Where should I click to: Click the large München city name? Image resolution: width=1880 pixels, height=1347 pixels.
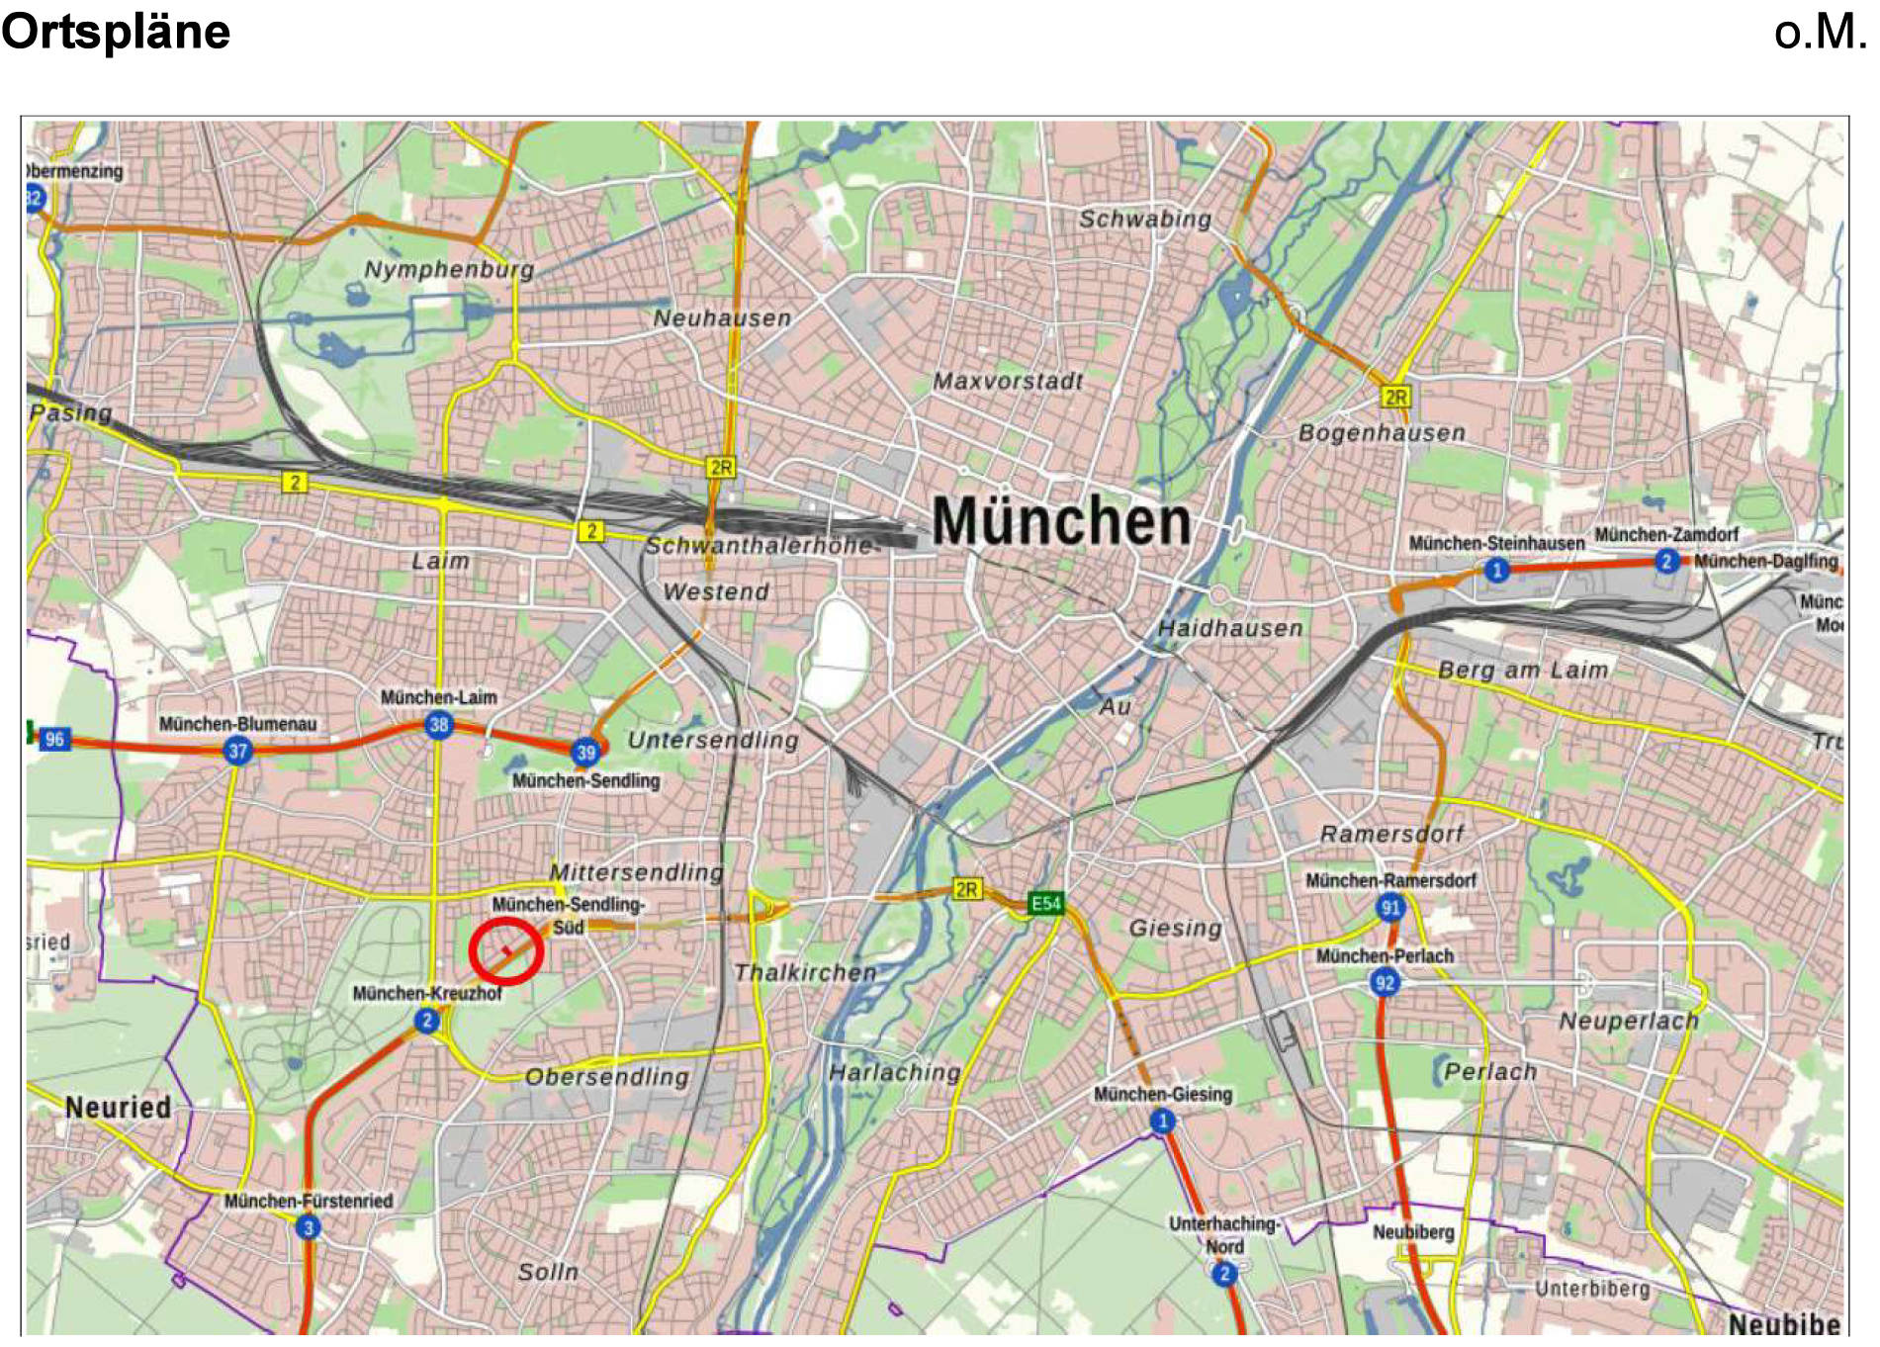pyautogui.click(x=1060, y=521)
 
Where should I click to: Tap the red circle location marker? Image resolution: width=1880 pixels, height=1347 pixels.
pyautogui.click(x=505, y=951)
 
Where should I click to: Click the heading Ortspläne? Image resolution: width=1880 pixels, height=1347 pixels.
pyautogui.click(x=116, y=32)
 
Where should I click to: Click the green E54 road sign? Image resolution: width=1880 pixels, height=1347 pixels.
pyautogui.click(x=1045, y=904)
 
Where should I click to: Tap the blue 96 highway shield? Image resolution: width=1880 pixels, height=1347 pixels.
pyautogui.click(x=54, y=739)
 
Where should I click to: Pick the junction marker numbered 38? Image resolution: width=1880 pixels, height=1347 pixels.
pyautogui.click(x=439, y=725)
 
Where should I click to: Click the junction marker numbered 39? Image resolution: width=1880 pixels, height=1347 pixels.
pyautogui.click(x=586, y=753)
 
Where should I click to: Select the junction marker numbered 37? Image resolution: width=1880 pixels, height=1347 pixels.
pyautogui.click(x=237, y=751)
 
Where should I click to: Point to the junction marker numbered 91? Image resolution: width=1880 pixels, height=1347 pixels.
pyautogui.click(x=1390, y=907)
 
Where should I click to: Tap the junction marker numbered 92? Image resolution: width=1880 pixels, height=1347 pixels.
pyautogui.click(x=1385, y=982)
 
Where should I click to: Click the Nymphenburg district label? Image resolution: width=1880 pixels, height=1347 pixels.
pyautogui.click(x=449, y=269)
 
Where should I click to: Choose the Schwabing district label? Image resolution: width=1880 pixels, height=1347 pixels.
pyautogui.click(x=1144, y=219)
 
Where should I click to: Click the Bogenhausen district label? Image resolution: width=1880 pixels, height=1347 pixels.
pyautogui.click(x=1382, y=432)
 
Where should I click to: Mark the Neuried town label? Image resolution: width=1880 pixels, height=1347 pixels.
pyautogui.click(x=118, y=1107)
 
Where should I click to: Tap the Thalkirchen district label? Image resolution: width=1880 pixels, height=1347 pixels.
pyautogui.click(x=805, y=972)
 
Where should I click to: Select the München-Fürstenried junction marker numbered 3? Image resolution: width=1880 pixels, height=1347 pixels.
pyautogui.click(x=308, y=1228)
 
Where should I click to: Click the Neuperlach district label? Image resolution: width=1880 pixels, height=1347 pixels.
pyautogui.click(x=1628, y=1021)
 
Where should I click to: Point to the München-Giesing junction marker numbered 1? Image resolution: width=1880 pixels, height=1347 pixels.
pyautogui.click(x=1163, y=1121)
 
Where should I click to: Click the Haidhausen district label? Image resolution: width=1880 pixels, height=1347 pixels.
pyautogui.click(x=1230, y=628)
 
